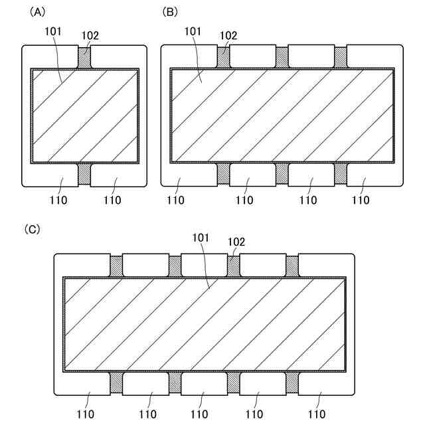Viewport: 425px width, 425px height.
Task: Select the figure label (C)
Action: (32, 229)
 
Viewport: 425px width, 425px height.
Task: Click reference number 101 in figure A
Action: (53, 31)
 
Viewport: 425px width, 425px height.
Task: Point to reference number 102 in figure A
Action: (90, 36)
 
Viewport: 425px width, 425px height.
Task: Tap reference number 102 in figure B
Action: (228, 36)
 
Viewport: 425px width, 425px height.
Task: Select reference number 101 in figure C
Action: (201, 237)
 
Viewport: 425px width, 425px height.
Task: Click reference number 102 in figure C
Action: (236, 242)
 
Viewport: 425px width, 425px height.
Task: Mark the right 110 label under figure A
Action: (112, 200)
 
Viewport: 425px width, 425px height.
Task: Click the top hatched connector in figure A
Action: (84, 57)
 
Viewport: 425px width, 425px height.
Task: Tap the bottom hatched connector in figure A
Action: (84, 174)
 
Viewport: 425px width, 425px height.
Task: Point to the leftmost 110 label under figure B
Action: (176, 200)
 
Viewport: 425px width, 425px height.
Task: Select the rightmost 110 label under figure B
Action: (361, 200)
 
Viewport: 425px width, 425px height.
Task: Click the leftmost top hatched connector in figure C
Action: (116, 266)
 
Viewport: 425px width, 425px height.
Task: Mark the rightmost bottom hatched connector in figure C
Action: (292, 382)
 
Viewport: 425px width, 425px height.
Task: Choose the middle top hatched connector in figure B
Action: (282, 57)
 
